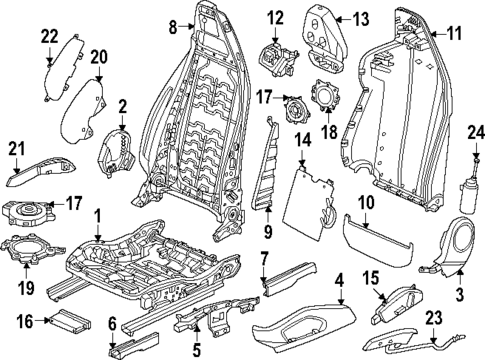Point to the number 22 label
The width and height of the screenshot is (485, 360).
coord(49,36)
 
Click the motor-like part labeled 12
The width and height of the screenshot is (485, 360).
coord(278,53)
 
